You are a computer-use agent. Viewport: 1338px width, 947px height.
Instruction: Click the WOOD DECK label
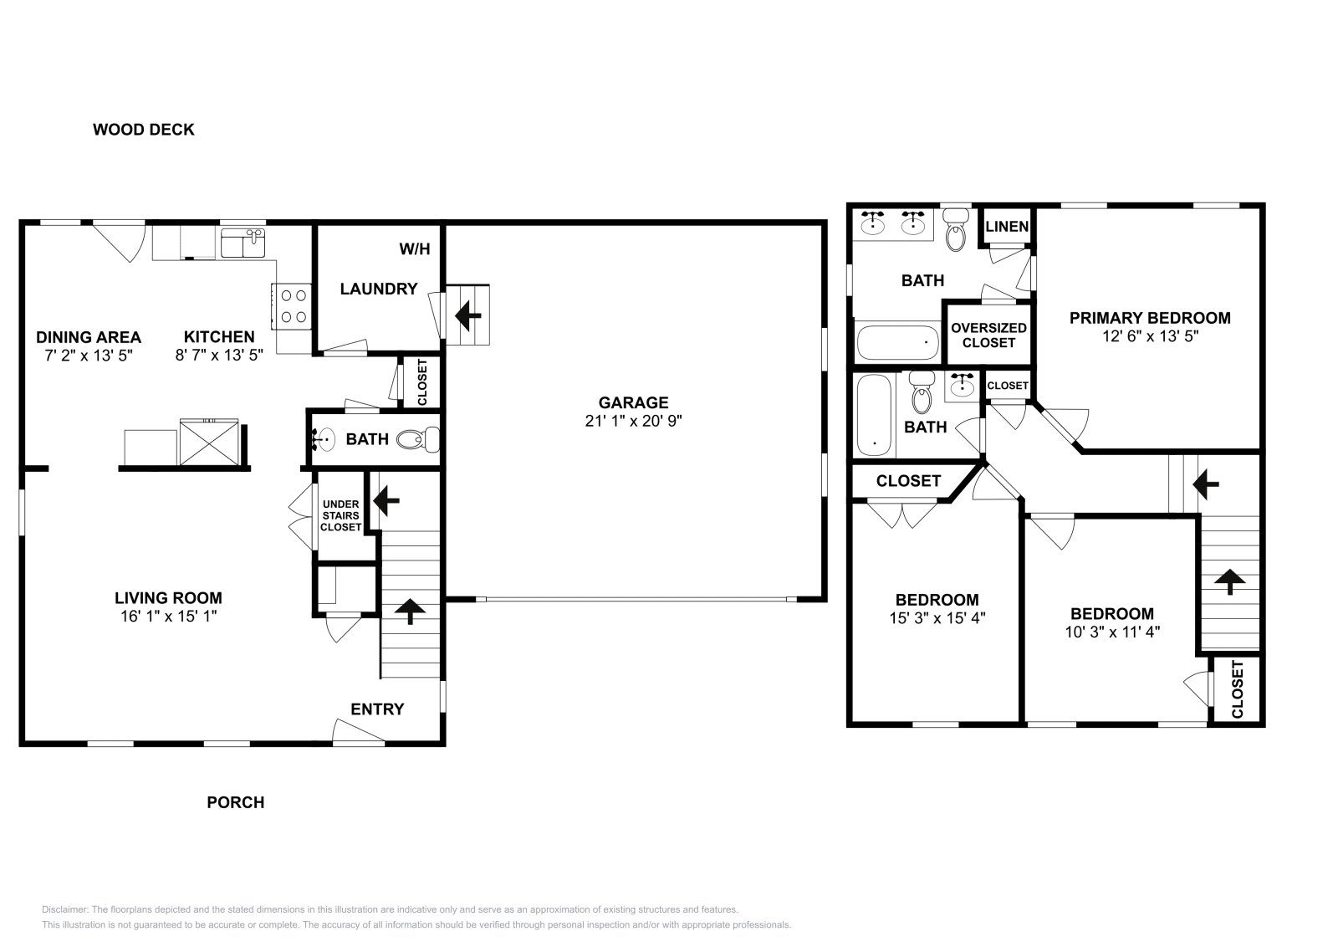tap(143, 130)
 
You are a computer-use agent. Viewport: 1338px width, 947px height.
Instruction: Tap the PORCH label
tap(236, 802)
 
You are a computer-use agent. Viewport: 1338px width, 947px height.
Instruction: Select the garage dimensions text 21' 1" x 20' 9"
tap(633, 422)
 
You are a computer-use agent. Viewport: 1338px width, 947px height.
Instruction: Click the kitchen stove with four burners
tap(292, 305)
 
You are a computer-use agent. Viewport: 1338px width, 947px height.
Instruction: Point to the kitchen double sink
tap(243, 245)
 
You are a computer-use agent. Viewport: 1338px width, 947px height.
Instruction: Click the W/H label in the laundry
tap(414, 249)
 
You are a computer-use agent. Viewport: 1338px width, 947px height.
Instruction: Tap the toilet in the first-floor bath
tap(417, 439)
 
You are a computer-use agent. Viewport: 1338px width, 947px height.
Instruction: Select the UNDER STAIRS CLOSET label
tap(341, 515)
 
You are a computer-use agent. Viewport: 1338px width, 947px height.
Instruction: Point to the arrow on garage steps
tap(468, 315)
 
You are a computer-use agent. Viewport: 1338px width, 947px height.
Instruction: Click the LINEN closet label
tap(1007, 227)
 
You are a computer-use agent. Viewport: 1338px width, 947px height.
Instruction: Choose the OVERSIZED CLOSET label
tap(988, 335)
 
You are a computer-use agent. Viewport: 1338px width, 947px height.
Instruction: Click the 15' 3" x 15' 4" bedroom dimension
tap(937, 619)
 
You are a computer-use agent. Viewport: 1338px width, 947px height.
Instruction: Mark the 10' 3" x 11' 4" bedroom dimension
tap(1112, 632)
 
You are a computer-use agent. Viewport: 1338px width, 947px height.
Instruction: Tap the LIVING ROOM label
tap(168, 598)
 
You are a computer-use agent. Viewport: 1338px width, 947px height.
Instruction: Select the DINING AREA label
tap(89, 337)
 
